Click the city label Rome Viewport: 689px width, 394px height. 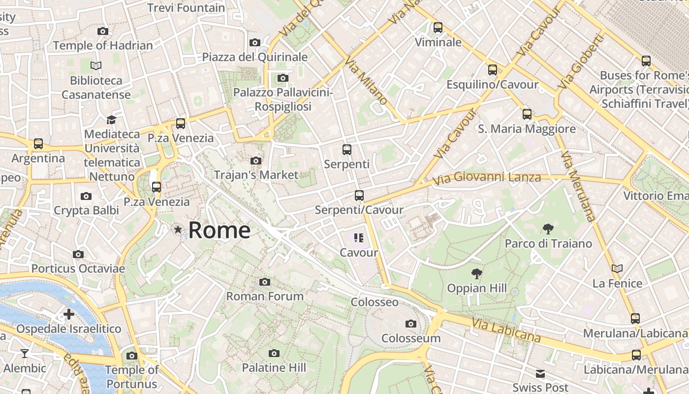point(219,230)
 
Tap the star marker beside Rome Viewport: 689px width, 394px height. point(178,230)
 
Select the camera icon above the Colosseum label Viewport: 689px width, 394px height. point(410,324)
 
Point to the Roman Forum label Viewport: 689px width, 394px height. point(265,296)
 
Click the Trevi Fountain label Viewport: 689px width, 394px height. point(186,8)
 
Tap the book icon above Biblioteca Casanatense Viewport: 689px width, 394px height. point(96,66)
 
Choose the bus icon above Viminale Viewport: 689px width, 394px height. point(438,28)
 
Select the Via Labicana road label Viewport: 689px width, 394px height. point(506,329)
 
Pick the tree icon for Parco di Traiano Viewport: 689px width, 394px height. point(548,229)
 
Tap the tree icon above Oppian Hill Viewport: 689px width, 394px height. point(476,274)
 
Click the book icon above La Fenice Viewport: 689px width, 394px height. point(617,268)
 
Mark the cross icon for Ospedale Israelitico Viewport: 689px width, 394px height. point(69,314)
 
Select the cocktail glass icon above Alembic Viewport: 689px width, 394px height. point(25,353)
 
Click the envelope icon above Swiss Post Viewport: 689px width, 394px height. point(540,373)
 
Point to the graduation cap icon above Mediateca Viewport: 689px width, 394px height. point(111,120)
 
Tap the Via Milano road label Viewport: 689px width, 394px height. point(366,80)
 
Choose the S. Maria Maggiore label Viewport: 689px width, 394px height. point(527,129)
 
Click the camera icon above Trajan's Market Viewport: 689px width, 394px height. point(256,161)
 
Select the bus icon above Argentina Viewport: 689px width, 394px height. point(38,144)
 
